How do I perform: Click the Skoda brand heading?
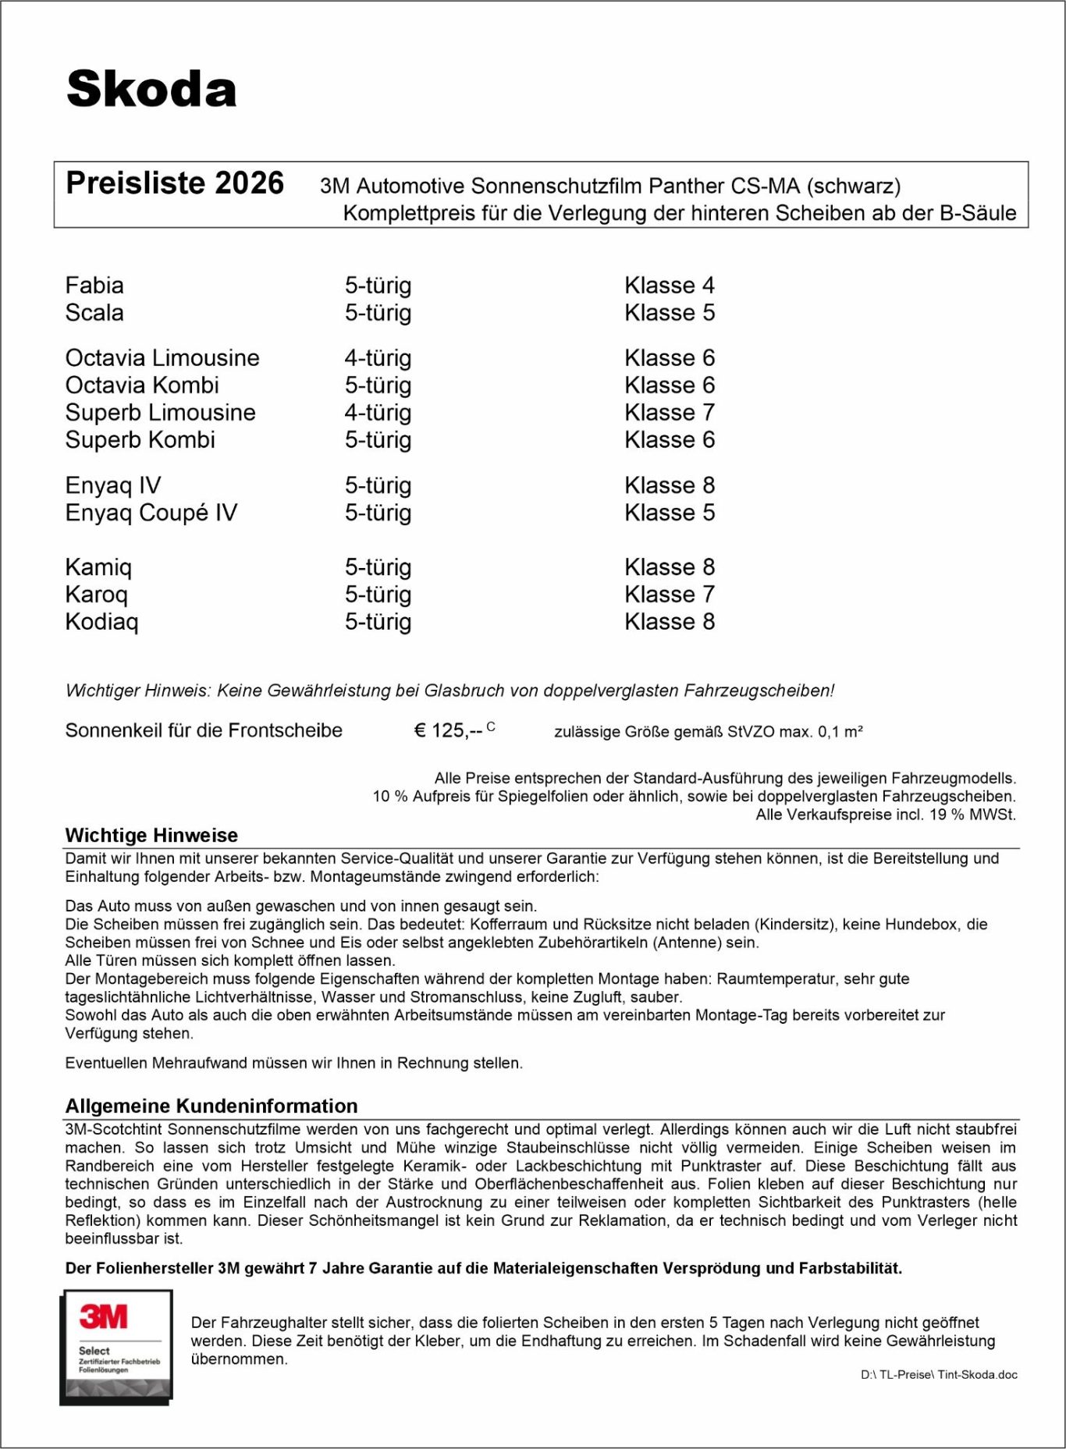coord(151,89)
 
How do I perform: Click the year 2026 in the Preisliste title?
coord(249,183)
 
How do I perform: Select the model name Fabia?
coord(94,286)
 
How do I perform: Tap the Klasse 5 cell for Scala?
coord(669,313)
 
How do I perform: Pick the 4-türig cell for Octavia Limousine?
coord(378,358)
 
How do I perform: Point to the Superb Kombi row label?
coord(140,440)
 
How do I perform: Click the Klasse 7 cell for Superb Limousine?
coord(669,413)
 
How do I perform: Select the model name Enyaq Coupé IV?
coord(151,513)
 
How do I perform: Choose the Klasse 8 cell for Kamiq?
coord(669,567)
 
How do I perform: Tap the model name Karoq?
coord(96,595)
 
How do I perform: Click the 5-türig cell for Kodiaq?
coord(378,622)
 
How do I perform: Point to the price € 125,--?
coord(448,731)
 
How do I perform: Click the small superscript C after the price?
coord(491,726)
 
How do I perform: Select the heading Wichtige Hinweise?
coord(151,836)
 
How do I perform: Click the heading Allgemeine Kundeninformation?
coord(211,1106)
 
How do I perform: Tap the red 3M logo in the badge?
coord(103,1317)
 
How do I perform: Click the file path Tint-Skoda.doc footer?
coord(939,1375)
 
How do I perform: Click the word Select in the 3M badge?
coord(94,1351)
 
